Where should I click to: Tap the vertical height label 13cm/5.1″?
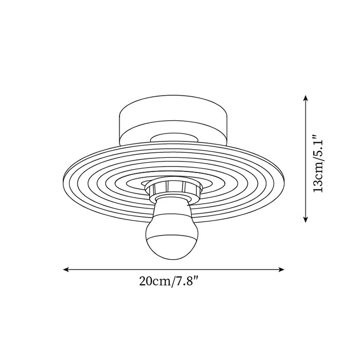(319, 164)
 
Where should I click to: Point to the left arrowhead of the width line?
(66, 268)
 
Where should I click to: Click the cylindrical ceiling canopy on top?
(174, 123)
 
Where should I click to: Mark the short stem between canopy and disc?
(174, 138)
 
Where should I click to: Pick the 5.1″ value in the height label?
(319, 146)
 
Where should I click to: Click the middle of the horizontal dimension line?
(174, 268)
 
